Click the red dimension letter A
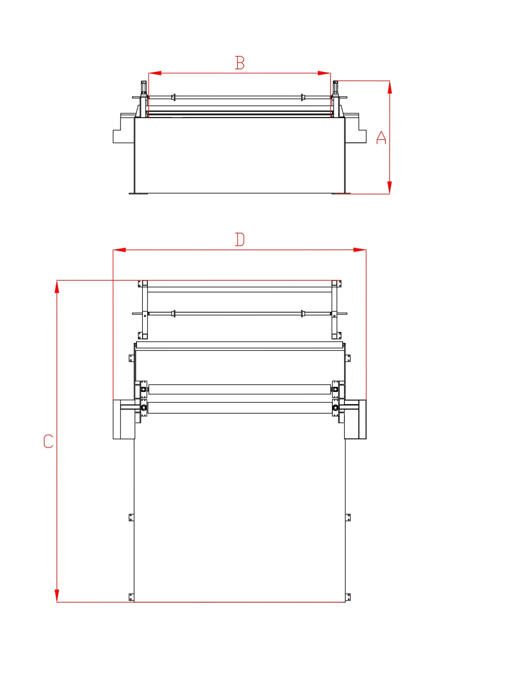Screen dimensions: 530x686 381,137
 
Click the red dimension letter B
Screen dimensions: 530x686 239,62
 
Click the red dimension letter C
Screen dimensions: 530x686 48,441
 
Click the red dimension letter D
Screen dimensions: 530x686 239,239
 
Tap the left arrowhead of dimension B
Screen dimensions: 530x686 155,73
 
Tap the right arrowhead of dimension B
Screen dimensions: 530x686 324,73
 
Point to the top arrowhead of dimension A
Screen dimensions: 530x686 390,87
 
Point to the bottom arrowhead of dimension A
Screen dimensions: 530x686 390,187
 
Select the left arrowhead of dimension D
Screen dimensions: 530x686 119,250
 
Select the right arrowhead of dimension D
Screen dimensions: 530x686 360,250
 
